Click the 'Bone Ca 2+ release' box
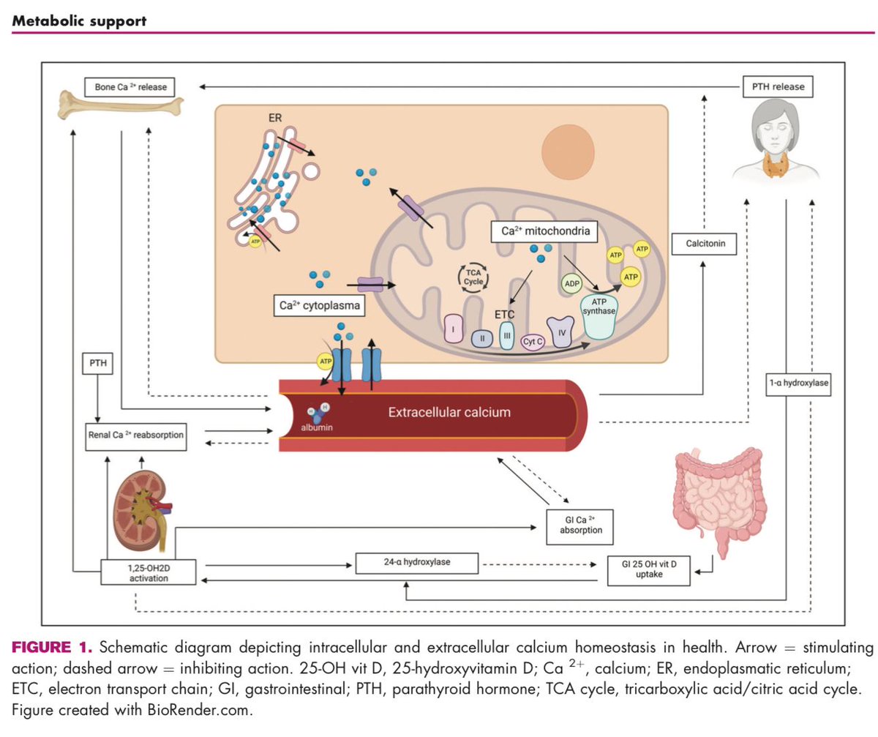tap(130, 87)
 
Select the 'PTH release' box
tap(778, 86)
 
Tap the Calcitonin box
tap(704, 244)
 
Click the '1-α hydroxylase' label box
tap(798, 383)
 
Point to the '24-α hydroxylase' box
tap(417, 562)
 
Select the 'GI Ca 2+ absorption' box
tap(580, 527)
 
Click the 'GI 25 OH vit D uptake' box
tap(648, 570)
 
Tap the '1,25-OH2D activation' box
tap(148, 572)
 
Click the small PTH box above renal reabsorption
tap(97, 363)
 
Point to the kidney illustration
tap(141, 510)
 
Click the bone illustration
tap(120, 105)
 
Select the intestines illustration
tap(719, 501)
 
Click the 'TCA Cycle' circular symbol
tap(473, 277)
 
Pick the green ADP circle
tap(571, 283)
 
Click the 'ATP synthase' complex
tap(599, 316)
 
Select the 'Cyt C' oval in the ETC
tap(533, 342)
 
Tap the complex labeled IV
tap(560, 332)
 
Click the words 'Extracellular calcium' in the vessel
tap(449, 412)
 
